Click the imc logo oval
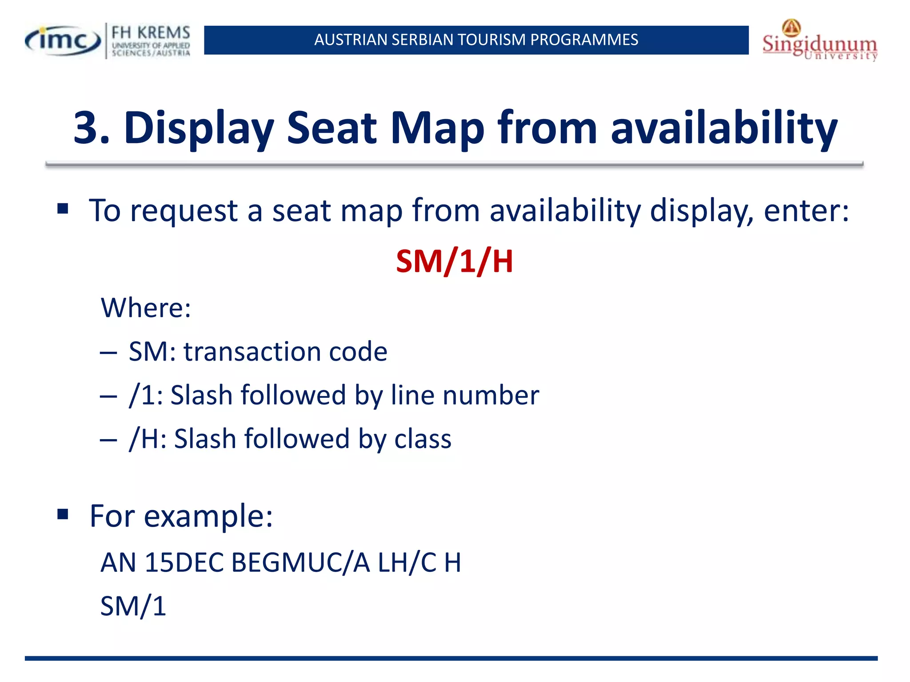pyautogui.click(x=63, y=41)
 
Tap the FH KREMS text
pyautogui.click(x=151, y=33)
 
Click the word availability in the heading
pyautogui.click(x=724, y=129)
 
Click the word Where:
pyautogui.click(x=146, y=307)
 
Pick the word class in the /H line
pyautogui.click(x=423, y=439)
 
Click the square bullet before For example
pyautogui.click(x=63, y=515)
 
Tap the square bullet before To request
pyautogui.click(x=63, y=208)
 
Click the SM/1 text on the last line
pyautogui.click(x=133, y=606)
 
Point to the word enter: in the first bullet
pyautogui.click(x=806, y=210)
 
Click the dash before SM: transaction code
pyautogui.click(x=108, y=353)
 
